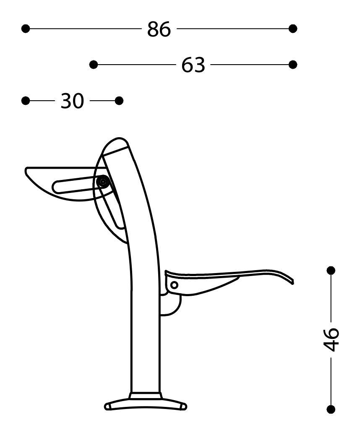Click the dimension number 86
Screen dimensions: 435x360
pos(159,29)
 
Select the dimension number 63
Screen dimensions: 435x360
pos(193,65)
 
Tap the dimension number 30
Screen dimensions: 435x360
pos(72,101)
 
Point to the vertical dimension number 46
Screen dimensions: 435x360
pos(331,339)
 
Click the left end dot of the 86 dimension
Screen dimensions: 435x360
pos(26,29)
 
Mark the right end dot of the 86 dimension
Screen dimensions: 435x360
pos(293,29)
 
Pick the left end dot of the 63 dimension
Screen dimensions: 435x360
pos(94,64)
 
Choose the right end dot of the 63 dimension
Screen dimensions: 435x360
pos(293,64)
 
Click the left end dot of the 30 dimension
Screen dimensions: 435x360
pos(26,101)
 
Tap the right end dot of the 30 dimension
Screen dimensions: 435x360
pos(119,101)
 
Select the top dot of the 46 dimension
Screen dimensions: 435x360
pos(331,270)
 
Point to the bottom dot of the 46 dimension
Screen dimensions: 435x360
pos(331,409)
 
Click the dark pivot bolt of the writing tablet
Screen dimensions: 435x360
pos(103,182)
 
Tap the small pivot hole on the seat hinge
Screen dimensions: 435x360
pos(174,285)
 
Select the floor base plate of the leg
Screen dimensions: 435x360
pos(145,404)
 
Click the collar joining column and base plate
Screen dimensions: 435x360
pos(145,395)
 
